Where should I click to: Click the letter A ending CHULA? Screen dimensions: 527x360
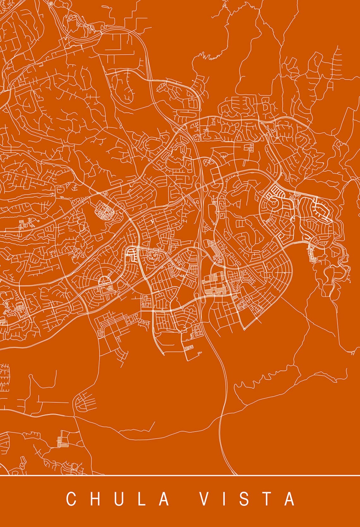click(164, 499)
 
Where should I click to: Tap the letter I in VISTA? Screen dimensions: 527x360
click(225, 499)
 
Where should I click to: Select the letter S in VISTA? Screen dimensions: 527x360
click(245, 499)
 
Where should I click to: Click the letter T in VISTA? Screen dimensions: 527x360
click(267, 499)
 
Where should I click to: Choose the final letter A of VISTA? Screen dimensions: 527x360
click(289, 499)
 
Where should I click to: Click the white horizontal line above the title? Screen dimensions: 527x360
click(180, 475)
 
